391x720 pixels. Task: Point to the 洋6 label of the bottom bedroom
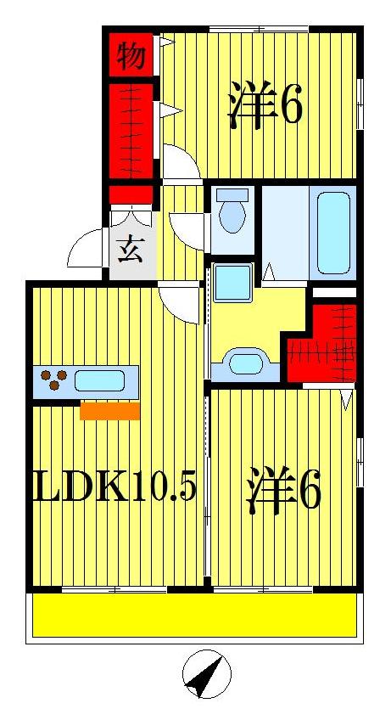[283, 491]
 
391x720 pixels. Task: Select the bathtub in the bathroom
[332, 233]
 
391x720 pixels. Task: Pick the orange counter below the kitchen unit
[110, 412]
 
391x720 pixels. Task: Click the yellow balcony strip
[193, 614]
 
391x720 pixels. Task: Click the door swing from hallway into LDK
[180, 300]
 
